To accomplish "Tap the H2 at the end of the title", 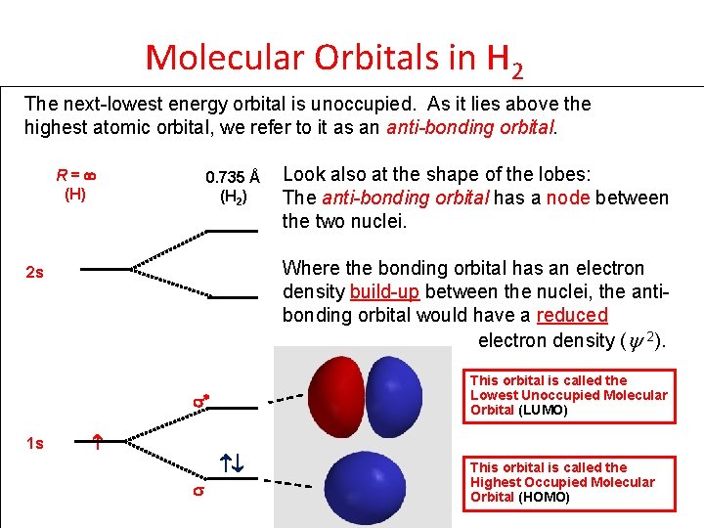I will (505, 61).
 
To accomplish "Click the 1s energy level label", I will (34, 444).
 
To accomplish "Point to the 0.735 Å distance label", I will (232, 178).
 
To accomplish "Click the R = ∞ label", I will (74, 177).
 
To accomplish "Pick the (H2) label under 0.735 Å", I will (234, 196).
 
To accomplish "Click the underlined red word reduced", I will (572, 315).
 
